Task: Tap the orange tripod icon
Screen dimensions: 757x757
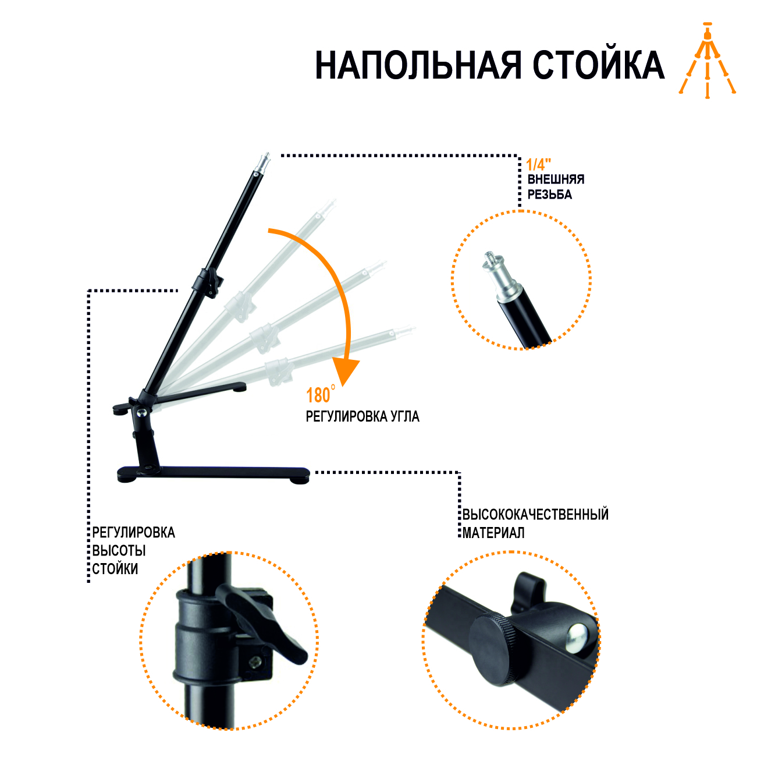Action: [707, 61]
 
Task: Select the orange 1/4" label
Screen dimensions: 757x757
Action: [538, 164]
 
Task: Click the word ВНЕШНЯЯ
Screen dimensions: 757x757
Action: [556, 179]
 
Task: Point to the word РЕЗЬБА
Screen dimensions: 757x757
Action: [549, 194]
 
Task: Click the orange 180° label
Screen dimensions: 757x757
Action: [321, 395]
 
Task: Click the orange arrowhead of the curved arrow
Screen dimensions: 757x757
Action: [346, 372]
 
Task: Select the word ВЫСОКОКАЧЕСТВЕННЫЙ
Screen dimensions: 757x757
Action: [535, 514]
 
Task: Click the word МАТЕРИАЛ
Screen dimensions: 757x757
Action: [493, 533]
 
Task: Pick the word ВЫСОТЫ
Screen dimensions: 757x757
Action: [119, 550]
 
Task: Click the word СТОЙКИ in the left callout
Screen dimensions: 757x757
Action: [115, 569]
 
